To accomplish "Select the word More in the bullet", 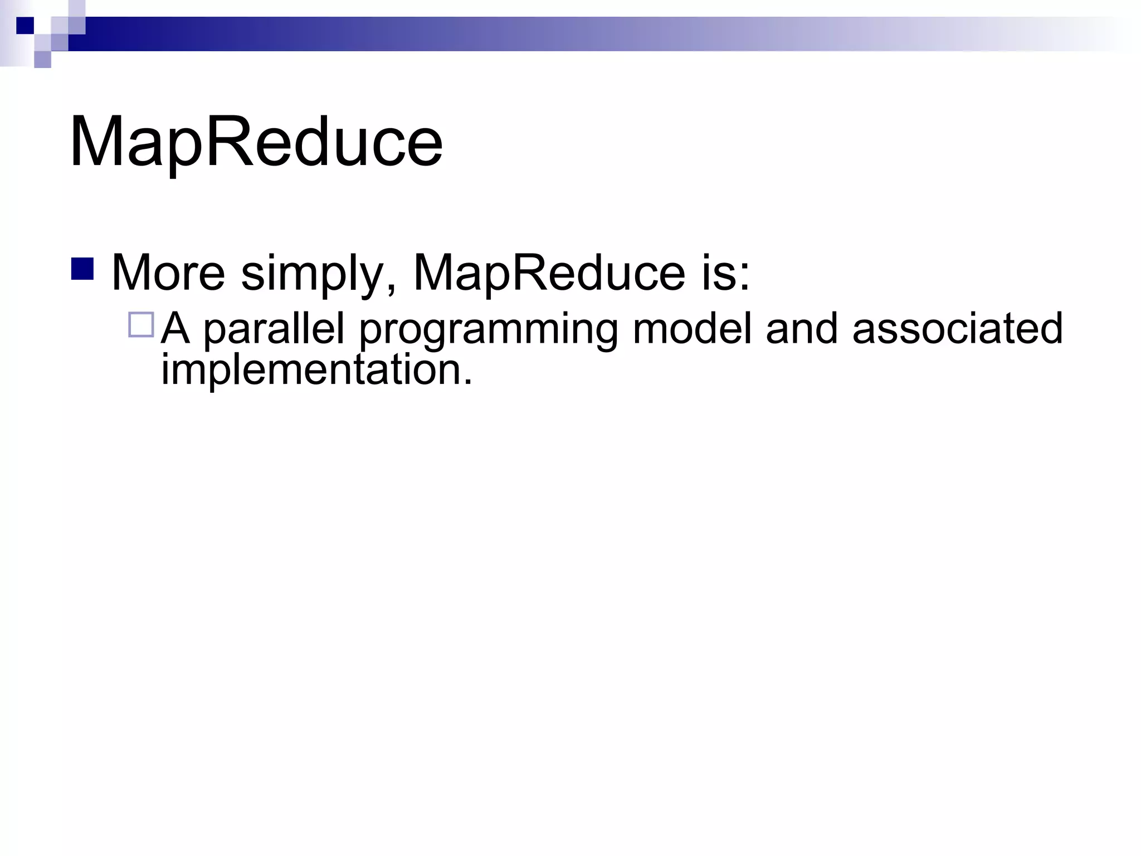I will click(x=168, y=273).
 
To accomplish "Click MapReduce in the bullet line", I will click(x=549, y=273).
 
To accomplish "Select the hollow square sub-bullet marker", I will click(x=141, y=325).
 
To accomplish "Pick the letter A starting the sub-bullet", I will click(x=175, y=328).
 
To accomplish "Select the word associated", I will click(x=957, y=328).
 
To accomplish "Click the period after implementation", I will click(x=467, y=381).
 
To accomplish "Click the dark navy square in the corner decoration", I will click(x=25, y=26).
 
